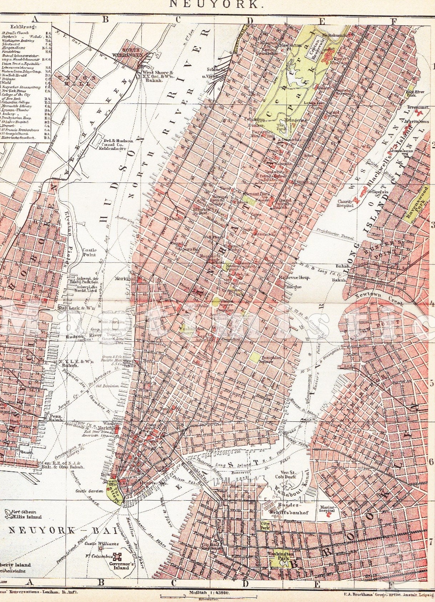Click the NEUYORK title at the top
click(214, 4)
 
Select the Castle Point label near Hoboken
click(89, 252)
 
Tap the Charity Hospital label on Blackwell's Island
click(345, 203)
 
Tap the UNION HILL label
click(77, 80)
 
